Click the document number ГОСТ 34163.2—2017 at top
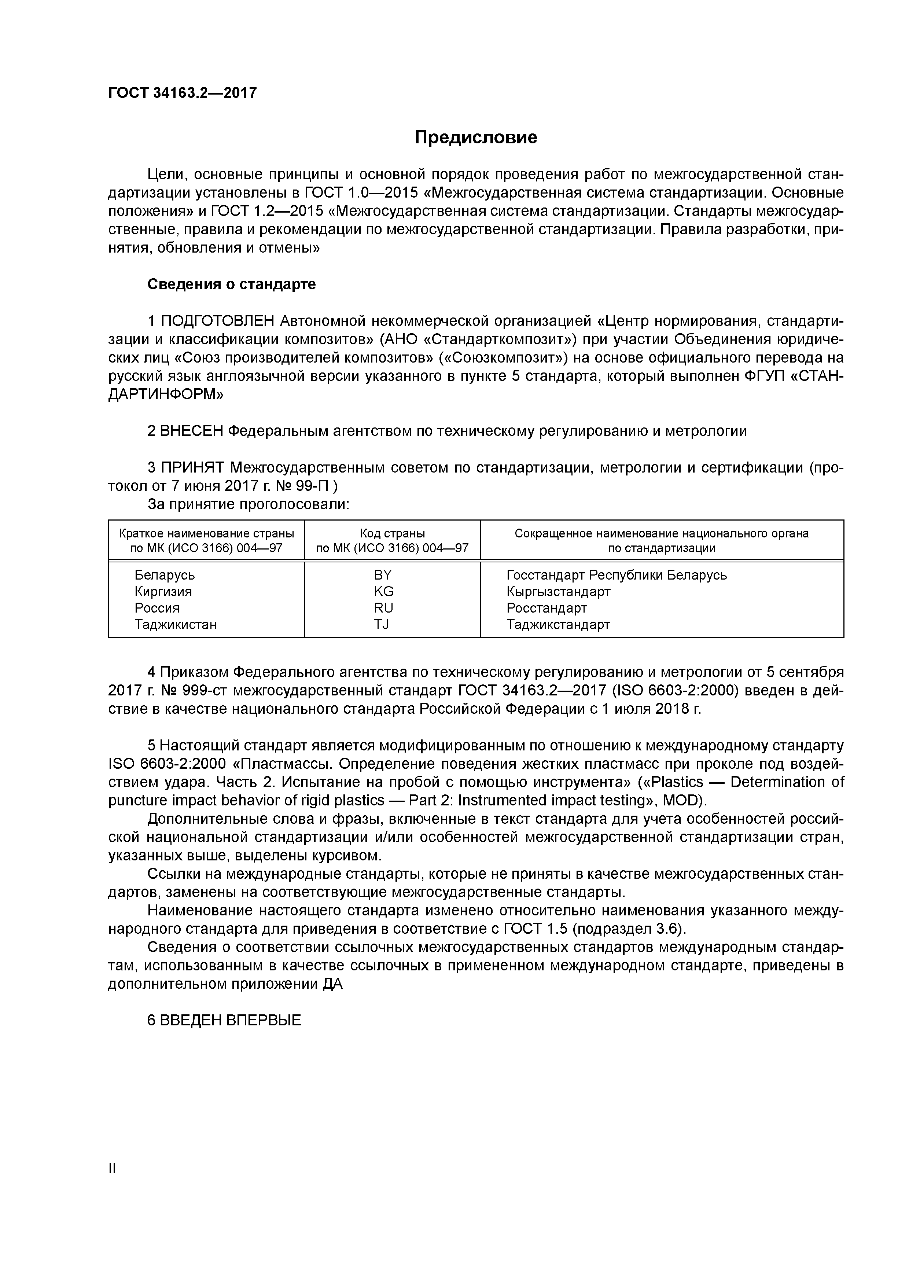tap(182, 92)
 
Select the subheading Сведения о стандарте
tap(231, 284)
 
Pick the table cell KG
tap(384, 591)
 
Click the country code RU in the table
tap(384, 608)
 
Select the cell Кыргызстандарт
tap(558, 591)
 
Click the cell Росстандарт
tap(546, 608)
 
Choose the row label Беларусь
tap(165, 575)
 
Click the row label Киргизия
tap(163, 591)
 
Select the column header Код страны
tap(392, 533)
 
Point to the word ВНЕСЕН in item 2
tap(191, 431)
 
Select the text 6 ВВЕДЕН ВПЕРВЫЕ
tap(224, 1020)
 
